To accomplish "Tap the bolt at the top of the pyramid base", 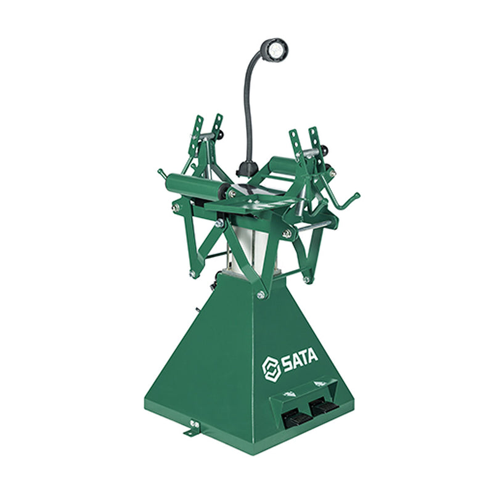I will click(x=261, y=295).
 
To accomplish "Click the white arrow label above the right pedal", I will click(x=318, y=385).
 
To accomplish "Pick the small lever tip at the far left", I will click(x=160, y=173).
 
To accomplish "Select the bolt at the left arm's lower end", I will click(x=192, y=272).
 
